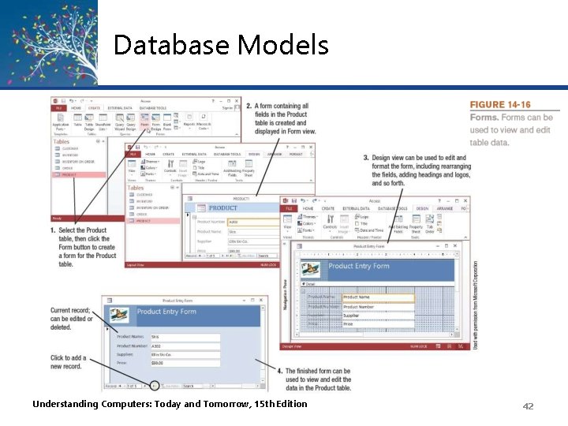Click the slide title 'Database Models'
pos(221,45)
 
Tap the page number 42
pos(528,405)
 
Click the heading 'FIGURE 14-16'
pos(500,105)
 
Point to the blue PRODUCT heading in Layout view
pos(223,208)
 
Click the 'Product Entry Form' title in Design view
pos(359,267)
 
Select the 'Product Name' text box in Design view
pos(378,297)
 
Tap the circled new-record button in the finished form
pos(155,386)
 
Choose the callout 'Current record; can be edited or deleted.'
pos(72,319)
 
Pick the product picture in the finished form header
pos(120,313)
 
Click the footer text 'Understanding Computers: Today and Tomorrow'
pos(170,405)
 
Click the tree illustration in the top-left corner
pos(47,39)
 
